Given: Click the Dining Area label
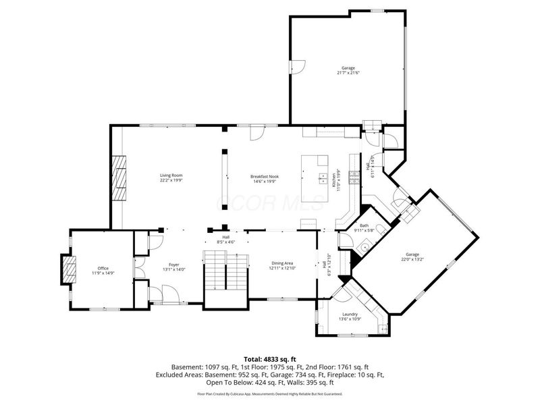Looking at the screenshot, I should tap(281, 266).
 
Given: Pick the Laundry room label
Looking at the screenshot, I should tap(350, 316).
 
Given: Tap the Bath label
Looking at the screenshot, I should tap(364, 228).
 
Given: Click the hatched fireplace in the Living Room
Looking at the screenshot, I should tap(120, 178).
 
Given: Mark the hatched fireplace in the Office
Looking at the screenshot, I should tap(67, 271).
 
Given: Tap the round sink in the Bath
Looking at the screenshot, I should tap(364, 247).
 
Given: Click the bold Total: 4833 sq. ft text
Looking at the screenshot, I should tap(270, 358).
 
